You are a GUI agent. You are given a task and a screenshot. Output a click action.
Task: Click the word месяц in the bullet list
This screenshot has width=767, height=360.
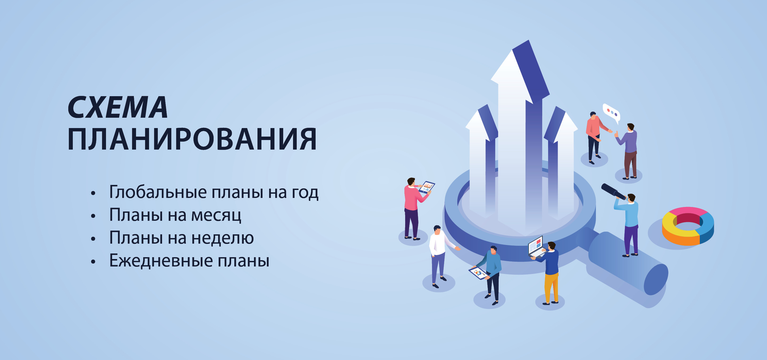pyautogui.click(x=216, y=215)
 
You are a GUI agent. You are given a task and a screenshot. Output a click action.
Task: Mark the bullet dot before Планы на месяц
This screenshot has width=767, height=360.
pyautogui.click(x=93, y=216)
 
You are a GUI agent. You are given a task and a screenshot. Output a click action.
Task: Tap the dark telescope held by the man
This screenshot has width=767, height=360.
pyautogui.click(x=613, y=192)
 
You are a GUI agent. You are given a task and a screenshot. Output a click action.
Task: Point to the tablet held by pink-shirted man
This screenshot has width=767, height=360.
pyautogui.click(x=427, y=187)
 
